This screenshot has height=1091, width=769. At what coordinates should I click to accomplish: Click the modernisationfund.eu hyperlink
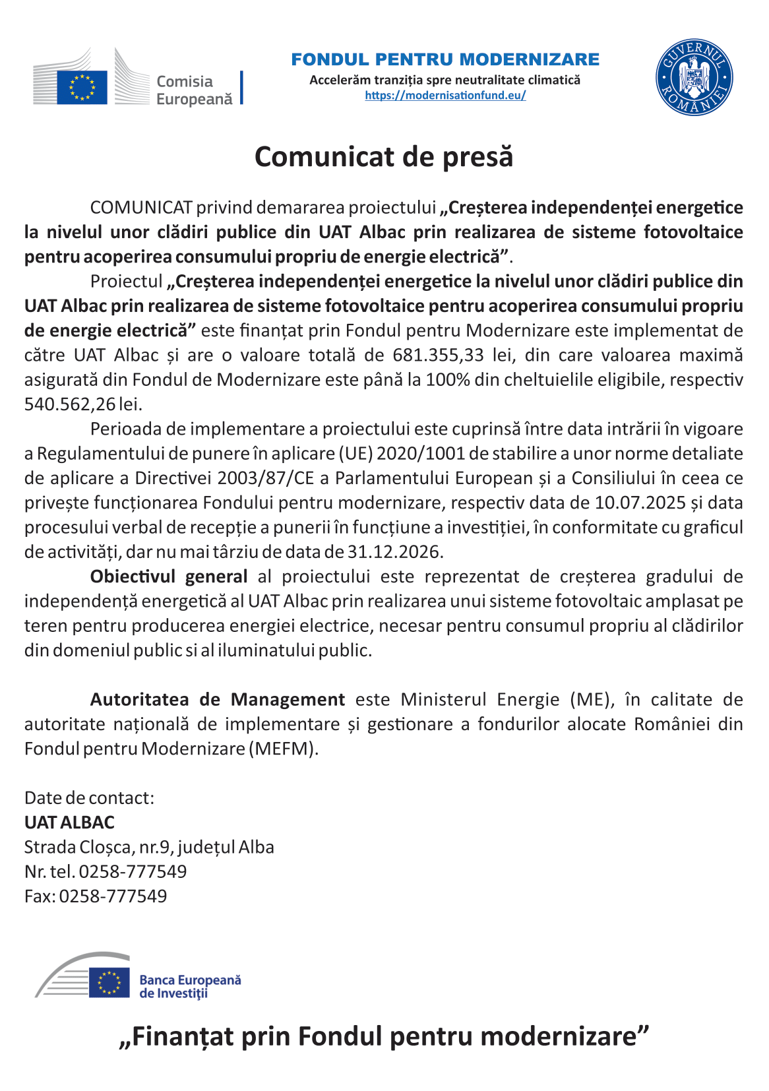445,95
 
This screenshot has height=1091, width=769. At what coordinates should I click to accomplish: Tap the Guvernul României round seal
694,77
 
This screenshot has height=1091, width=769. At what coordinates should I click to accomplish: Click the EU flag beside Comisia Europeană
82,87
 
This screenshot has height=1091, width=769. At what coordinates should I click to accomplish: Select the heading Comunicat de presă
384,157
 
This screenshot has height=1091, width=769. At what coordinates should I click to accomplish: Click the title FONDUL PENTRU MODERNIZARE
445,59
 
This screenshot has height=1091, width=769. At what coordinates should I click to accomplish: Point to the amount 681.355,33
438,355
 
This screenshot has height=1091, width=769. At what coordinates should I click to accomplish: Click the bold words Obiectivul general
169,577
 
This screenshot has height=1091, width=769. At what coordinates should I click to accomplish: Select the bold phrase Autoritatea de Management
218,699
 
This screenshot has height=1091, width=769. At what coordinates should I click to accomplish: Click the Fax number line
96,896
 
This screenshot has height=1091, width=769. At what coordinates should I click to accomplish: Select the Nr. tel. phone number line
106,871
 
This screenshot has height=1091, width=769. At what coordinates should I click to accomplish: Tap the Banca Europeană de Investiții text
190,987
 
